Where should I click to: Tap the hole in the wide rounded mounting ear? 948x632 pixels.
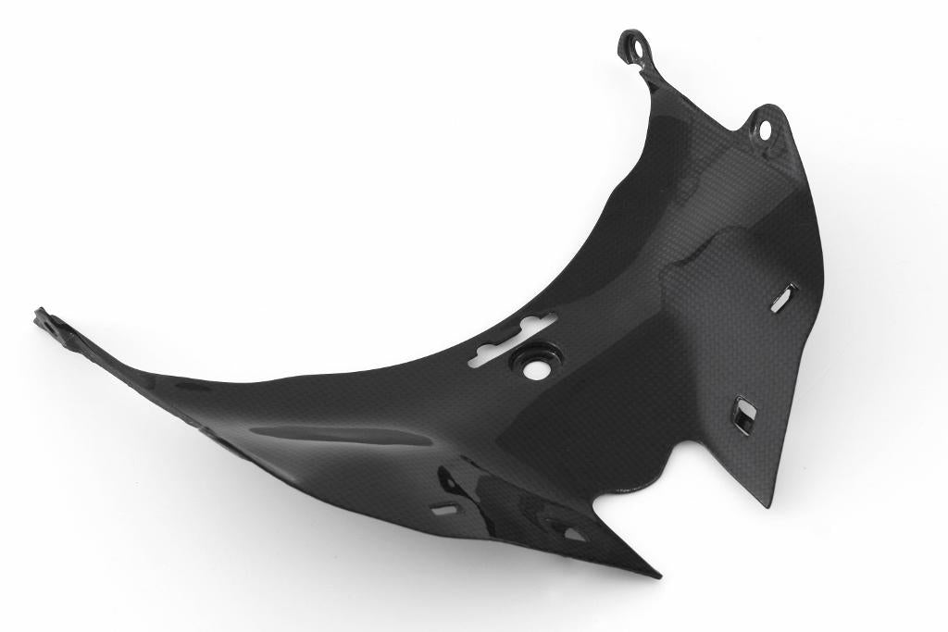(767, 130)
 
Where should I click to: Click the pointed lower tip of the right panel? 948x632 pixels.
(767, 502)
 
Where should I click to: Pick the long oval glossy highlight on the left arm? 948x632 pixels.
(343, 434)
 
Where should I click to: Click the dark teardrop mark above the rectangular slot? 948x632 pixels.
(449, 482)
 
